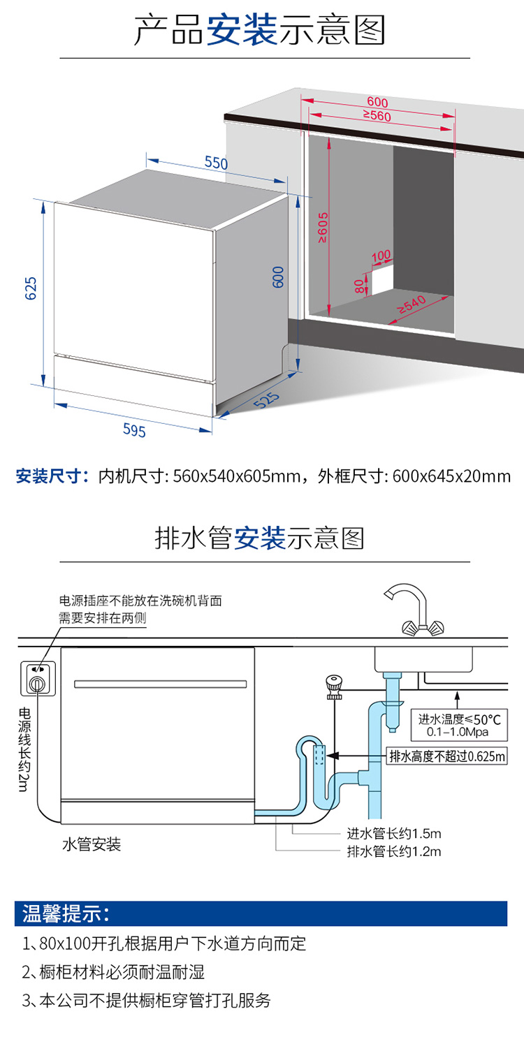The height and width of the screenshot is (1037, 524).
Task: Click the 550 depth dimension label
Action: (x=216, y=163)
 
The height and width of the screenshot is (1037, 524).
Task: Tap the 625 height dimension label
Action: (x=31, y=288)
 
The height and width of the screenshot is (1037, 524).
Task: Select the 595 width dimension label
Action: (x=134, y=430)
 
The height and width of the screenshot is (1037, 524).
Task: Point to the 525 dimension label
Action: (x=267, y=400)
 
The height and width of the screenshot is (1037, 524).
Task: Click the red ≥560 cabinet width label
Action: (x=377, y=115)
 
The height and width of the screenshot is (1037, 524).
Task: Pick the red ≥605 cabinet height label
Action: (x=323, y=228)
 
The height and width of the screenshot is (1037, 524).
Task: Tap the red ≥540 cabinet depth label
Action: (x=412, y=304)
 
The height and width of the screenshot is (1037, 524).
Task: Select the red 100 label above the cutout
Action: (x=381, y=256)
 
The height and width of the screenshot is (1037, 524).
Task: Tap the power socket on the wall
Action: (x=38, y=678)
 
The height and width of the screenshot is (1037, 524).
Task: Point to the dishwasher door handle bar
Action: (x=160, y=684)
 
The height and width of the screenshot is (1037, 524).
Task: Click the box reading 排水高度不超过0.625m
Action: (x=446, y=756)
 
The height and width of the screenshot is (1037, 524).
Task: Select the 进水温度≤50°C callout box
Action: (x=459, y=725)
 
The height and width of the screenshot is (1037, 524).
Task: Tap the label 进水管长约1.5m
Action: (x=394, y=834)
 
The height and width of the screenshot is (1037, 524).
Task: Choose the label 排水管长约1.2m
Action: (x=394, y=851)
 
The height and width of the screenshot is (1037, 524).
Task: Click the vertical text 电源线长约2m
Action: (x=24, y=749)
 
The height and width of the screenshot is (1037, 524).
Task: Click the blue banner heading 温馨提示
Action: (x=66, y=913)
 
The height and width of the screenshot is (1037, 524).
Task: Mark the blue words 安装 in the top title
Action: (x=242, y=29)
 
